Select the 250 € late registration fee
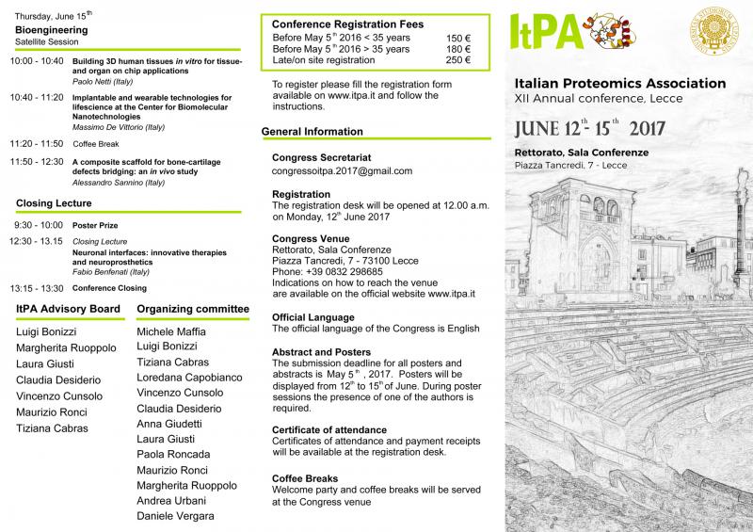coord(458,60)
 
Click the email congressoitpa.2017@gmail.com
coord(342,170)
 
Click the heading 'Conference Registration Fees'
coord(347,24)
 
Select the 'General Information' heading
coord(312,132)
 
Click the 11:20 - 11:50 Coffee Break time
coord(36,143)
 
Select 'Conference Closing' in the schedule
coord(109,288)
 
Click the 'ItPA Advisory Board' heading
coord(68,309)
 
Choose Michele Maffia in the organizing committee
coord(171,332)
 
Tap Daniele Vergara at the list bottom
coord(176,516)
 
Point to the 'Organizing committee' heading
coord(193,309)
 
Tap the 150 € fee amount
coord(458,38)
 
